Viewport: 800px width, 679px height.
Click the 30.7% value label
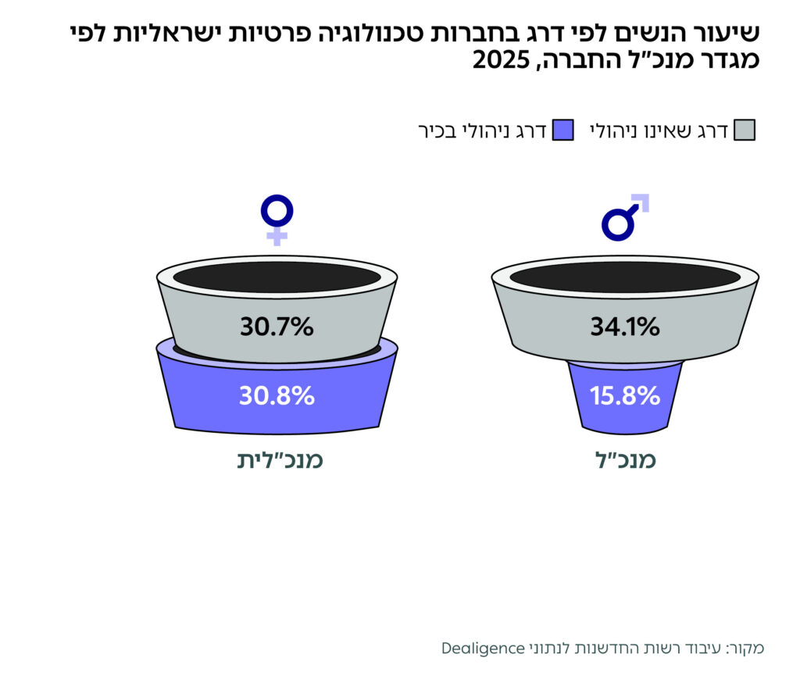277,327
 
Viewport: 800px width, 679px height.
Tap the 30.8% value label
277,396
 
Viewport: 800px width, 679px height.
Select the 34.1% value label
624,327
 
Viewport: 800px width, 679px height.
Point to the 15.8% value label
625,396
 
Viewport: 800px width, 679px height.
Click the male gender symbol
625,217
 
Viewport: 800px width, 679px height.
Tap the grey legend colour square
745,130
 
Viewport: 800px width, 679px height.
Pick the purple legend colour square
562,130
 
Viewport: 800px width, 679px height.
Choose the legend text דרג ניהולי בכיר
484,130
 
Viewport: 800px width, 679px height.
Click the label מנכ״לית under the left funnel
280,459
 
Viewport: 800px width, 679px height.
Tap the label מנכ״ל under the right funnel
624,459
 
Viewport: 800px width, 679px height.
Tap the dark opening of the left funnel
277,277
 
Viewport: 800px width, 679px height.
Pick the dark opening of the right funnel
624,277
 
